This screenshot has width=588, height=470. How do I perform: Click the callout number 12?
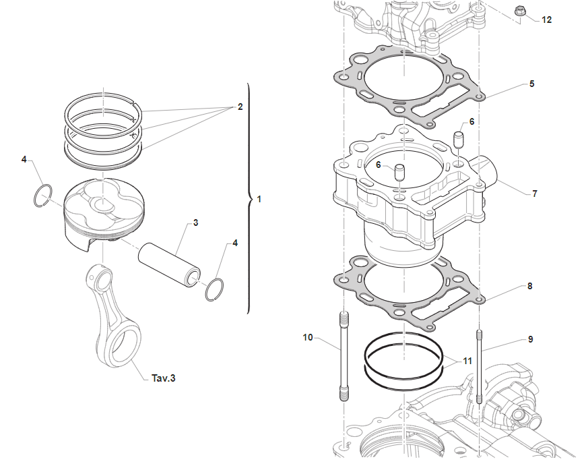[546, 20]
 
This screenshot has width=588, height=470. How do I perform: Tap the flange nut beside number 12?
[519, 11]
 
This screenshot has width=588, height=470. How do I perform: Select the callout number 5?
[531, 84]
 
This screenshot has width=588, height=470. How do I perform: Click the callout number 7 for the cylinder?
[534, 194]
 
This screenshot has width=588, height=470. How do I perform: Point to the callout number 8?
[530, 286]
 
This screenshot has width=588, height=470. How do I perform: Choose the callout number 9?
[530, 339]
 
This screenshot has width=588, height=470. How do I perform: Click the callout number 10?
[307, 337]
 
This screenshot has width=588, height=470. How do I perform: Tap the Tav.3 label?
[163, 378]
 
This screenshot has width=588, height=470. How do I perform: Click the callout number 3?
[195, 222]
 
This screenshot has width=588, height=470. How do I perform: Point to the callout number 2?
[239, 107]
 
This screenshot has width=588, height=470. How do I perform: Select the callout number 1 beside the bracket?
[259, 200]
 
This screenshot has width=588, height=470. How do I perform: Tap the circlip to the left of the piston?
[44, 194]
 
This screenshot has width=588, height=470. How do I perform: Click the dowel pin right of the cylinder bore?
[461, 142]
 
